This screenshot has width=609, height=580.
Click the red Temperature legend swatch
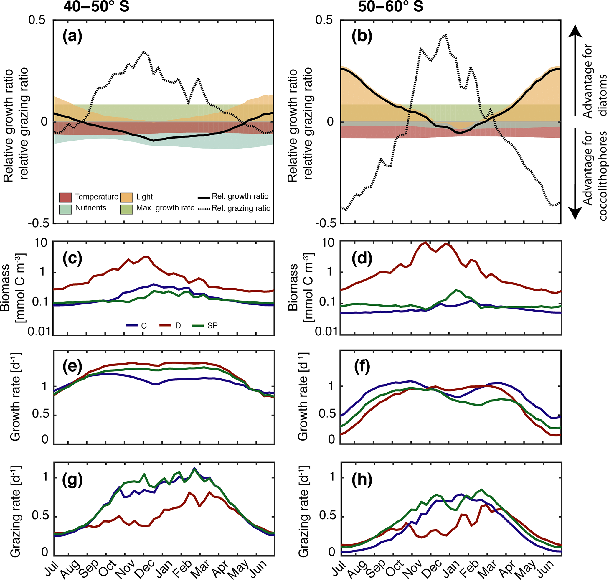click(65, 197)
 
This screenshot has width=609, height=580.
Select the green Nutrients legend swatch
click(65, 209)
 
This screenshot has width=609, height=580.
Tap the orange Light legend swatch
click(126, 197)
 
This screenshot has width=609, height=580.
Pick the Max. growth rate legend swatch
click(126, 209)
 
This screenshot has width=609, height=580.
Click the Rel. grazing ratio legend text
click(241, 208)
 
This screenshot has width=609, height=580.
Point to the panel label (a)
click(72, 36)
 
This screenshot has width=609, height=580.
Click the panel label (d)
click(362, 258)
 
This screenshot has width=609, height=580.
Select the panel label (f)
click(362, 367)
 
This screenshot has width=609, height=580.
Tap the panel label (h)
click(362, 480)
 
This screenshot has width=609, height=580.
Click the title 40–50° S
click(96, 6)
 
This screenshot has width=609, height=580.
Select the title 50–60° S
click(391, 6)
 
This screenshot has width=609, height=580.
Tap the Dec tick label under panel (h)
click(433, 568)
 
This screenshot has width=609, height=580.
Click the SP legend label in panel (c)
click(212, 326)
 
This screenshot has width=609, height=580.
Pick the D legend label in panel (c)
click(178, 326)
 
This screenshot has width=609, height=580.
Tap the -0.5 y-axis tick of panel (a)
click(39, 223)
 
